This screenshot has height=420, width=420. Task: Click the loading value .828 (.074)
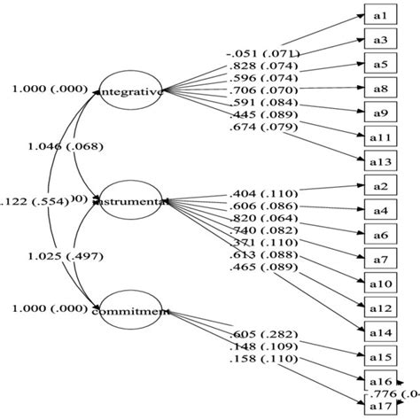coord(263,66)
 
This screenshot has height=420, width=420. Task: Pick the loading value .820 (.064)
coord(263,218)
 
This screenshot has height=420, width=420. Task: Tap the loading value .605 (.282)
coord(263,332)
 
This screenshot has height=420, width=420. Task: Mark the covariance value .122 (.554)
coord(34,201)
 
